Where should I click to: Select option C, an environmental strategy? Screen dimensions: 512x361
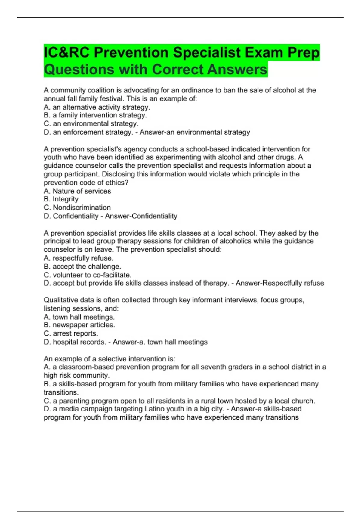91,124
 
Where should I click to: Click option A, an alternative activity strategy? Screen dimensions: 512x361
97,107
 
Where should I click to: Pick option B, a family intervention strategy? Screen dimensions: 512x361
95,115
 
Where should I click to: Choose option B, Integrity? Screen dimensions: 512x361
61,199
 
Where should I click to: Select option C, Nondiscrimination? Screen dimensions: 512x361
77,208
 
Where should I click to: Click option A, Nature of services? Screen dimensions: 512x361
77,191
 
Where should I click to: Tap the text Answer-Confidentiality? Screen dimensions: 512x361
141,216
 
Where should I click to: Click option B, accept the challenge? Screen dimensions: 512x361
82,267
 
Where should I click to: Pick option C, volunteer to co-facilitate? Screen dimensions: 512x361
88,275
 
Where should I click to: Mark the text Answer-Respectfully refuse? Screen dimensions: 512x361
280,283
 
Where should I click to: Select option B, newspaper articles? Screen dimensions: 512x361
79,325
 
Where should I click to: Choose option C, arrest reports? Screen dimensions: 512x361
71,333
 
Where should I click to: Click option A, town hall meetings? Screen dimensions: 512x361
79,317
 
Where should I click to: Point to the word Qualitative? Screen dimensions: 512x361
60,300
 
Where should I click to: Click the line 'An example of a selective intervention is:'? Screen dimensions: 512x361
109,359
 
